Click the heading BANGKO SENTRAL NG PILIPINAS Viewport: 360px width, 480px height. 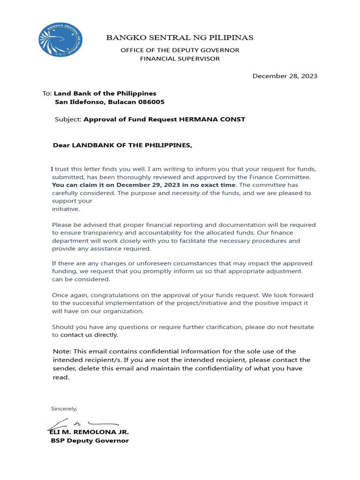tap(180, 37)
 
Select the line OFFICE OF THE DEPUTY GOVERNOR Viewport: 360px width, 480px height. tap(180, 50)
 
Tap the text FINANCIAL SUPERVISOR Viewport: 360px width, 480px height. tap(180, 59)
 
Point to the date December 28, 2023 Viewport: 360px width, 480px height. tap(285, 76)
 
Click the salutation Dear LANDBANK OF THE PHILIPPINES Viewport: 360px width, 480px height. tap(122, 145)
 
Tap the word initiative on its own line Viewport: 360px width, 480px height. tap(66, 209)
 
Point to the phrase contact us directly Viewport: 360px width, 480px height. tap(89, 335)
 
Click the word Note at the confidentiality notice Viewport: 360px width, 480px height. tap(61, 352)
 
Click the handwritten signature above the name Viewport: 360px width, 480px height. tap(82, 424)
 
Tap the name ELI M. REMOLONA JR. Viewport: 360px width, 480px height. tap(89, 432)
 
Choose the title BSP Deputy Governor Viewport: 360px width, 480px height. tap(90, 441)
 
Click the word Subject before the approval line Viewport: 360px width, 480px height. tap(68, 120)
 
